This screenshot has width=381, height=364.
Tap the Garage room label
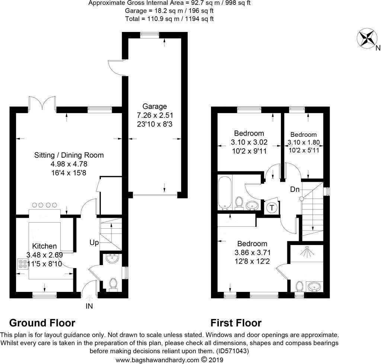pyautogui.click(x=154, y=106)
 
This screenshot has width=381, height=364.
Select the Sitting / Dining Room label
pyautogui.click(x=69, y=155)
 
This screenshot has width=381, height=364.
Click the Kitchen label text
pyautogui.click(x=45, y=246)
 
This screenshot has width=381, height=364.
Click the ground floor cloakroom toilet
pyautogui.click(x=113, y=284)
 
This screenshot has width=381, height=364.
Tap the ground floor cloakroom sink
pyautogui.click(x=112, y=258)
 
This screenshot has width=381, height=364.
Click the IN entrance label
pyautogui.click(x=89, y=306)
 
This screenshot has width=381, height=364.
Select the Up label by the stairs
pyautogui.click(x=94, y=242)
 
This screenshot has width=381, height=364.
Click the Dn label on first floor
pyautogui.click(x=295, y=189)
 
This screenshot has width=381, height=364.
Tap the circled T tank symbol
pyautogui.click(x=272, y=207)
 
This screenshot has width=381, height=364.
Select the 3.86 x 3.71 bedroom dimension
pyautogui.click(x=253, y=252)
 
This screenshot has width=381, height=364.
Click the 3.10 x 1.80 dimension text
pyautogui.click(x=304, y=142)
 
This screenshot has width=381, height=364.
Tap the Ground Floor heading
pyautogui.click(x=42, y=323)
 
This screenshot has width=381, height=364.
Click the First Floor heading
pyautogui.click(x=236, y=323)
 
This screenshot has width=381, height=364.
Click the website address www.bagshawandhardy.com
pyautogui.click(x=158, y=360)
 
